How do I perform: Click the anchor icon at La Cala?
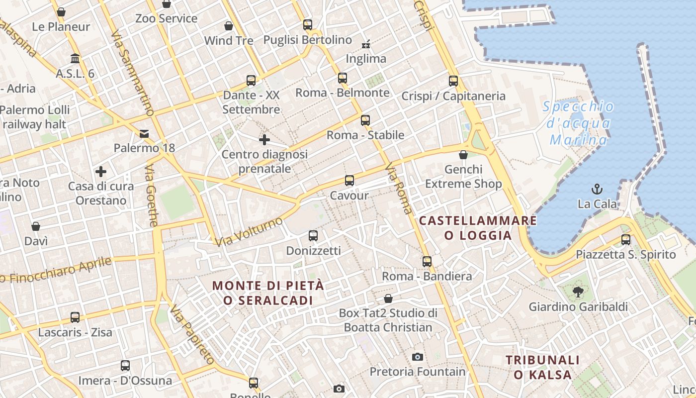click(597, 189)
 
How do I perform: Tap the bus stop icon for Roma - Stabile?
click(365, 120)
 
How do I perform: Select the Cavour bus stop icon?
click(349, 181)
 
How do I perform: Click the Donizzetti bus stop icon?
click(313, 236)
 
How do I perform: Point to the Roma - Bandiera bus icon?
click(427, 261)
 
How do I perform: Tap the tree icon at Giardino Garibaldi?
click(578, 292)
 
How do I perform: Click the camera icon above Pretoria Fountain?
click(418, 357)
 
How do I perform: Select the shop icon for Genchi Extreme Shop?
click(463, 155)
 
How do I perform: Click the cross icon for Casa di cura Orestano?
click(101, 172)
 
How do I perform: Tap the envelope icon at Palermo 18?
click(144, 133)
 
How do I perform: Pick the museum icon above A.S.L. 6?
click(75, 59)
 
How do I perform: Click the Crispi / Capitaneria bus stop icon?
click(453, 81)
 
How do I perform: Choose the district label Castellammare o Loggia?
click(478, 228)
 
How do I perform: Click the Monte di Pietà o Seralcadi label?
click(268, 293)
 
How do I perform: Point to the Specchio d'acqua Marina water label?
click(578, 123)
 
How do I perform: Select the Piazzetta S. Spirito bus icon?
click(626, 239)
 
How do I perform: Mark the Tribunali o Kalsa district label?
click(542, 367)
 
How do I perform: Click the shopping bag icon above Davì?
click(36, 226)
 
